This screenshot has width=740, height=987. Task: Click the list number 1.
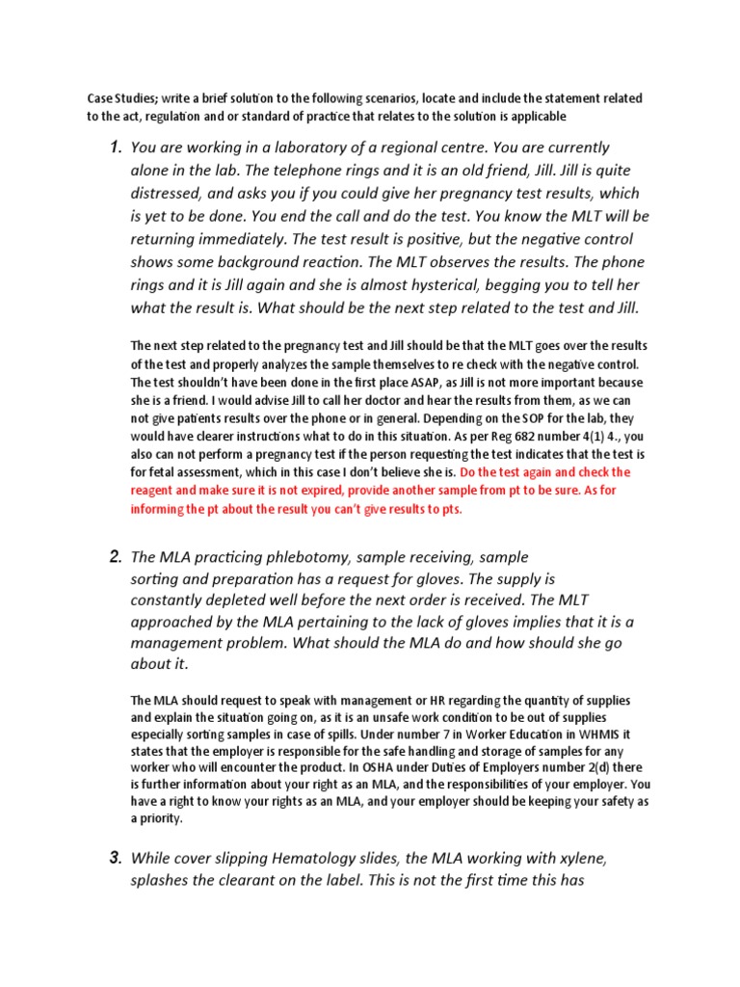[x=114, y=147]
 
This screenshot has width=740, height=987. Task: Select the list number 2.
[x=114, y=557]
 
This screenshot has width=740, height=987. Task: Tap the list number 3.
[x=114, y=857]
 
